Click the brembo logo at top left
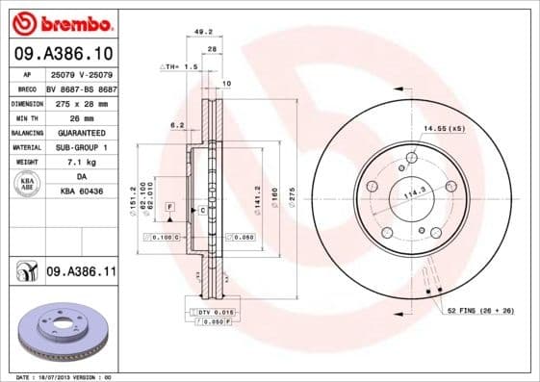pos(61,22)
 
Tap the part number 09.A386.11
pos(81,273)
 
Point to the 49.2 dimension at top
pos(203,32)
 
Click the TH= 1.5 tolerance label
pos(179,68)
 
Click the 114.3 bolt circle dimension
pos(414,192)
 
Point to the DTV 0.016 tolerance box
pos(214,313)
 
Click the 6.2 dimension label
pos(177,125)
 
